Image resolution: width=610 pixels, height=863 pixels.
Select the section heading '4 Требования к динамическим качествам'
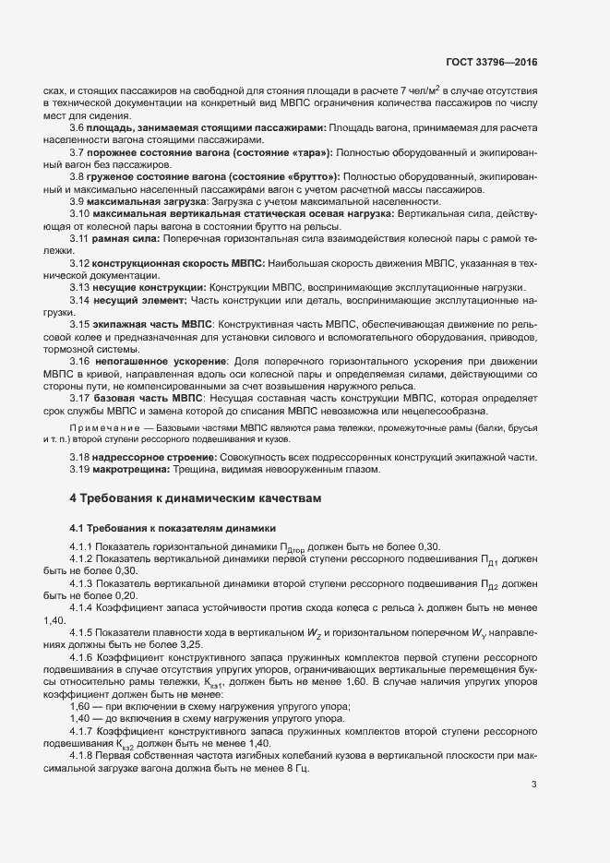(197, 498)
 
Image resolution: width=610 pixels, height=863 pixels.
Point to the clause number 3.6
(78, 126)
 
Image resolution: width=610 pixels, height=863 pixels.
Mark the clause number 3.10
(80, 214)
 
